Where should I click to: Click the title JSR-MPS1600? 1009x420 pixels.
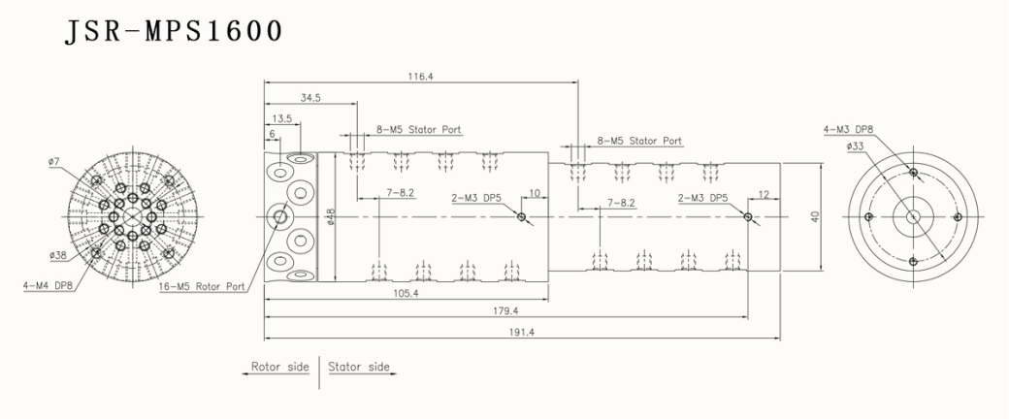174,32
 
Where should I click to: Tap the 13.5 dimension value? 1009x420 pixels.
283,118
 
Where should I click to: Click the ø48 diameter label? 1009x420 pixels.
332,217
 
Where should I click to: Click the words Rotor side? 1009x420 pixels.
279,368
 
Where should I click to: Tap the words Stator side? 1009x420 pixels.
359,368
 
